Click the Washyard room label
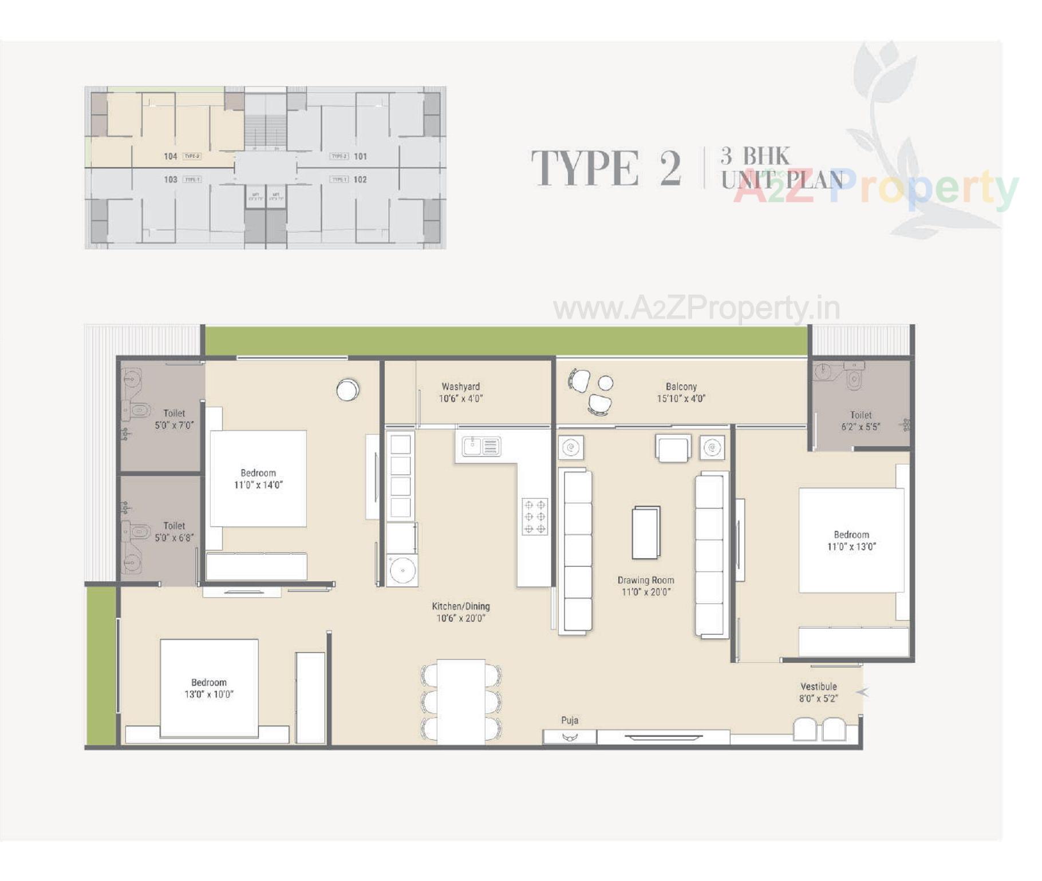pos(460,387)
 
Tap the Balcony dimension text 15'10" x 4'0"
pos(681,399)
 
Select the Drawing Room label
pos(645,580)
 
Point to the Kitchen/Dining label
pos(460,606)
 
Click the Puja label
pos(569,720)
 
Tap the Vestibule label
pos(818,686)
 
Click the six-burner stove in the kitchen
pos(534,517)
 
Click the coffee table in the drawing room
pos(646,533)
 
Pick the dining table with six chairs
pos(461,702)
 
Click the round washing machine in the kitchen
pos(402,570)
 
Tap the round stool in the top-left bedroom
pos(347,390)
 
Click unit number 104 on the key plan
pos(170,157)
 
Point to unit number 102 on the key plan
pos(360,180)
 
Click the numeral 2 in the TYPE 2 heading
pos(670,168)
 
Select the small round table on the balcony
pos(605,383)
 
